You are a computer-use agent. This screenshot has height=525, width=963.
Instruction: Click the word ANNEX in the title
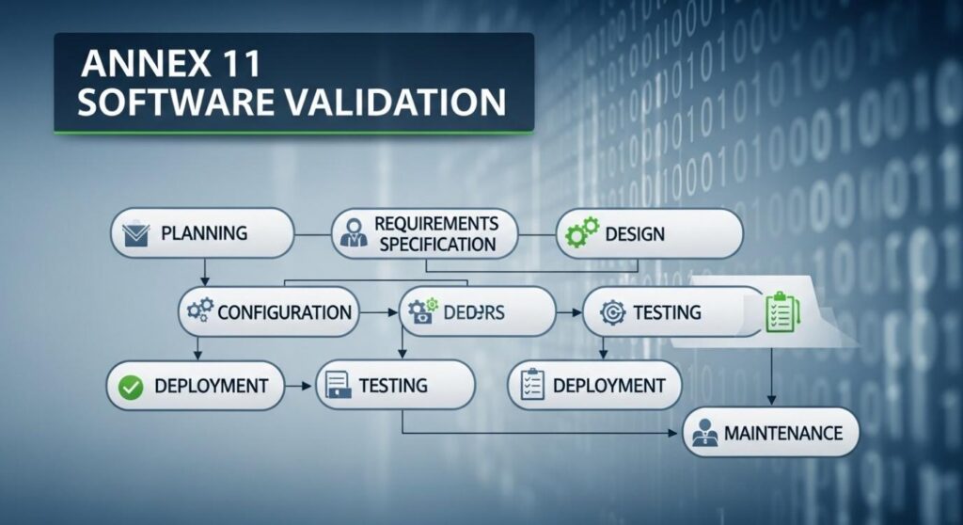coord(126,66)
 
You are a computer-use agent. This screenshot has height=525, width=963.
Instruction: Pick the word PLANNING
coord(204,231)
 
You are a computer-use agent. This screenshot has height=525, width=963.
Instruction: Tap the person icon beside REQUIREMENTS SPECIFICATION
coord(355,232)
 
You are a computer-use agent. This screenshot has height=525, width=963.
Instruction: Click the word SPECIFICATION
coord(434,244)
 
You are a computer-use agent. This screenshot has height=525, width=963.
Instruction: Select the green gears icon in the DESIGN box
coord(577,232)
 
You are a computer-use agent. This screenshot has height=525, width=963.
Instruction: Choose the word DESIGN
coord(635,232)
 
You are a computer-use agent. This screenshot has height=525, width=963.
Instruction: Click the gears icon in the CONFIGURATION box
coord(199,311)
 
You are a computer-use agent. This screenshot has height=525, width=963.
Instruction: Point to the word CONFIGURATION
coord(285,312)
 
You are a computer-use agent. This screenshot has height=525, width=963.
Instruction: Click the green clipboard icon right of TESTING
coord(781,310)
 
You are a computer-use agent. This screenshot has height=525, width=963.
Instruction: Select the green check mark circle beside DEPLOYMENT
coord(132,385)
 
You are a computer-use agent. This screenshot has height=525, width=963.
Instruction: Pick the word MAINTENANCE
coord(783,434)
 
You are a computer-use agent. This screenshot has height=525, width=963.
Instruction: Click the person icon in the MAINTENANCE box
coord(703,434)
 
